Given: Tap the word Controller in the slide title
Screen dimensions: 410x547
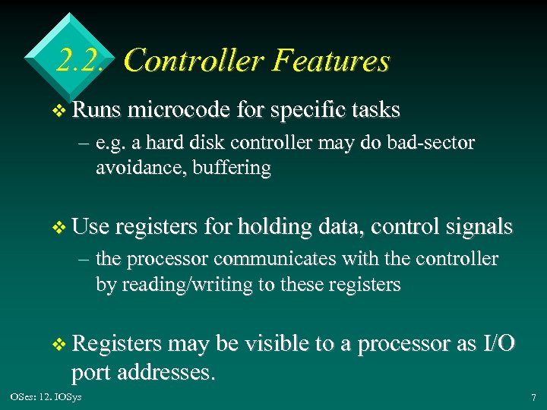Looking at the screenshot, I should (194, 60).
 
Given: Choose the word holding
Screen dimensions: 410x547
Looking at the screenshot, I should (273, 227).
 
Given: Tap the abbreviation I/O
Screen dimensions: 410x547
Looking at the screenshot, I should (498, 344).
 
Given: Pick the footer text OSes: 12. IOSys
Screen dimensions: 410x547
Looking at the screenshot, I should (46, 397).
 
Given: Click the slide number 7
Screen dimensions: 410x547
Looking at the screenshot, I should (533, 397).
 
